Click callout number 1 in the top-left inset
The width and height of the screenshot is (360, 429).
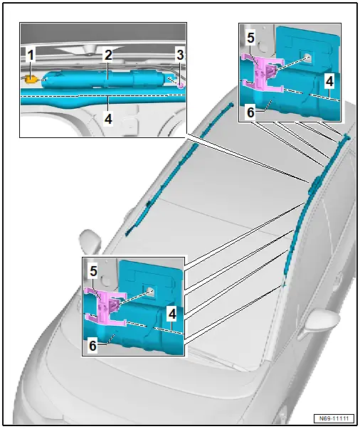pyautogui.click(x=31, y=55)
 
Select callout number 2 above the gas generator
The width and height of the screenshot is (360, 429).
pyautogui.click(x=108, y=55)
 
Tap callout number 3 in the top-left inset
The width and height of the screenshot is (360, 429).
pyautogui.click(x=180, y=55)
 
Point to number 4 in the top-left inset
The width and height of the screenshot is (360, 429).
pyautogui.click(x=108, y=119)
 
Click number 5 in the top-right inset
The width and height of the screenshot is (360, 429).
pyautogui.click(x=250, y=38)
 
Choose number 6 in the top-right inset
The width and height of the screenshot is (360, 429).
pyautogui.click(x=250, y=112)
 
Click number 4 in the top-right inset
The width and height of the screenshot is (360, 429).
pyautogui.click(x=329, y=82)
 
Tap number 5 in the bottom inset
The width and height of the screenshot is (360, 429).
pyautogui.click(x=93, y=271)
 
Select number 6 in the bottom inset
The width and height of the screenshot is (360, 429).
pyautogui.click(x=93, y=346)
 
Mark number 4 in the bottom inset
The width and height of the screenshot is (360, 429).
pyautogui.click(x=172, y=314)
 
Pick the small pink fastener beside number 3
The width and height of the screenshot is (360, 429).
pyautogui.click(x=181, y=85)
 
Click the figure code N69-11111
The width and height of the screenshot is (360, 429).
pyautogui.click(x=334, y=418)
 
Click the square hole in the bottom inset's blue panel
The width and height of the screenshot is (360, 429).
pyautogui.click(x=150, y=292)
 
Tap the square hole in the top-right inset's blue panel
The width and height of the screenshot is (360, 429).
pyautogui.click(x=308, y=57)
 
